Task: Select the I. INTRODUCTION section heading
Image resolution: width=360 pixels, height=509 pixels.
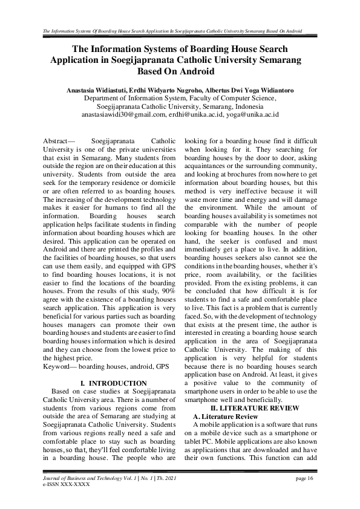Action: tap(113, 383)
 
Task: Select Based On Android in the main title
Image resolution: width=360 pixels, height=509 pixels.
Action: tap(180, 71)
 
